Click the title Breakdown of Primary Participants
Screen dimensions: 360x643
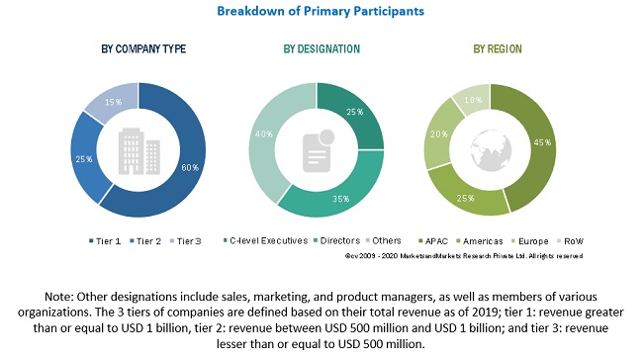click(x=321, y=12)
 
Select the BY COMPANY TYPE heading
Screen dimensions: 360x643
click(x=143, y=48)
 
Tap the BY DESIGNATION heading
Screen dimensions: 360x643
click(x=321, y=48)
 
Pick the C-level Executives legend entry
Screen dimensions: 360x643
click(x=264, y=240)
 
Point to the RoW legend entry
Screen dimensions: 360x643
click(x=570, y=240)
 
